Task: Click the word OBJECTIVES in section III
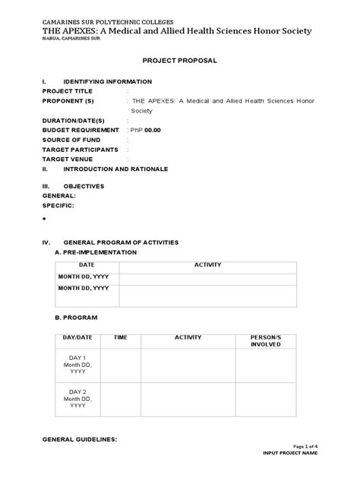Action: [84, 186]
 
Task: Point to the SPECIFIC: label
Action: [60, 205]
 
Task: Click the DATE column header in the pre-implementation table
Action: [87, 264]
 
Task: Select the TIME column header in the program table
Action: [121, 336]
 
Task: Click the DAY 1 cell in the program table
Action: [78, 365]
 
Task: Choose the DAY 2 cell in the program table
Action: [78, 399]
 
